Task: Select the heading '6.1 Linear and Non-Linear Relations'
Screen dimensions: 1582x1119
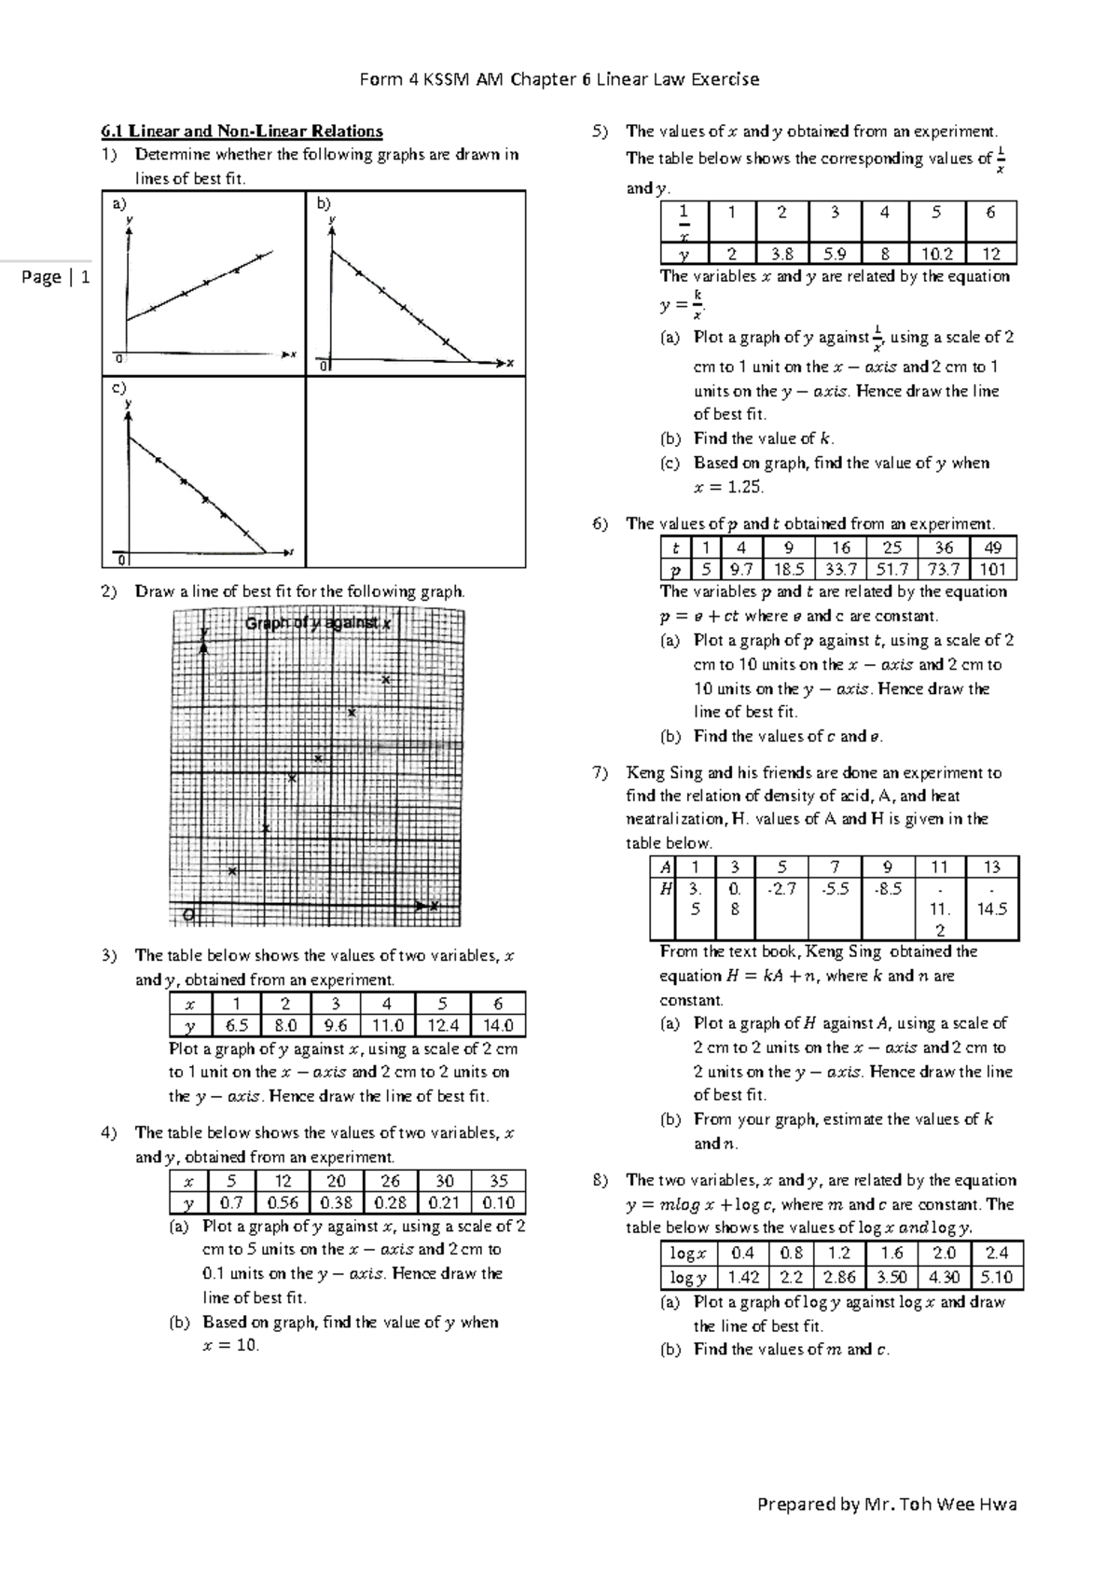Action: [242, 132]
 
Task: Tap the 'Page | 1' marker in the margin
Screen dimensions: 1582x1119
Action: [55, 277]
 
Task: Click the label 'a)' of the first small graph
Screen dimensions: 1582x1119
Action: [118, 203]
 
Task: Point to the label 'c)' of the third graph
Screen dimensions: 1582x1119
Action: [118, 388]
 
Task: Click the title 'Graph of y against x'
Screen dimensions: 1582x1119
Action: [317, 624]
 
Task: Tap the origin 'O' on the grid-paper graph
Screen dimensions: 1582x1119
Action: [189, 915]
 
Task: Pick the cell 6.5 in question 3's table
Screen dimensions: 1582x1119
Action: [236, 1026]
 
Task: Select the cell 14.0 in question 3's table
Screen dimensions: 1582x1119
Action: [498, 1026]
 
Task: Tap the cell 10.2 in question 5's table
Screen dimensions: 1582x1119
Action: [937, 254]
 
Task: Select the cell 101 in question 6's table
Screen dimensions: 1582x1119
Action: [992, 570]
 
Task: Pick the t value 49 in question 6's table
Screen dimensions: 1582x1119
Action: [992, 548]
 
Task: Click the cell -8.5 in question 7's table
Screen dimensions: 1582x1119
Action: [887, 889]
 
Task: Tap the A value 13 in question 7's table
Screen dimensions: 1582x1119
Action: [991, 867]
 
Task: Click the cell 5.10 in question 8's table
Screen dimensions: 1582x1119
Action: [996, 1278]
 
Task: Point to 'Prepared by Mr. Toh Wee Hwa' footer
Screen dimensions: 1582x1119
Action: [887, 1504]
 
